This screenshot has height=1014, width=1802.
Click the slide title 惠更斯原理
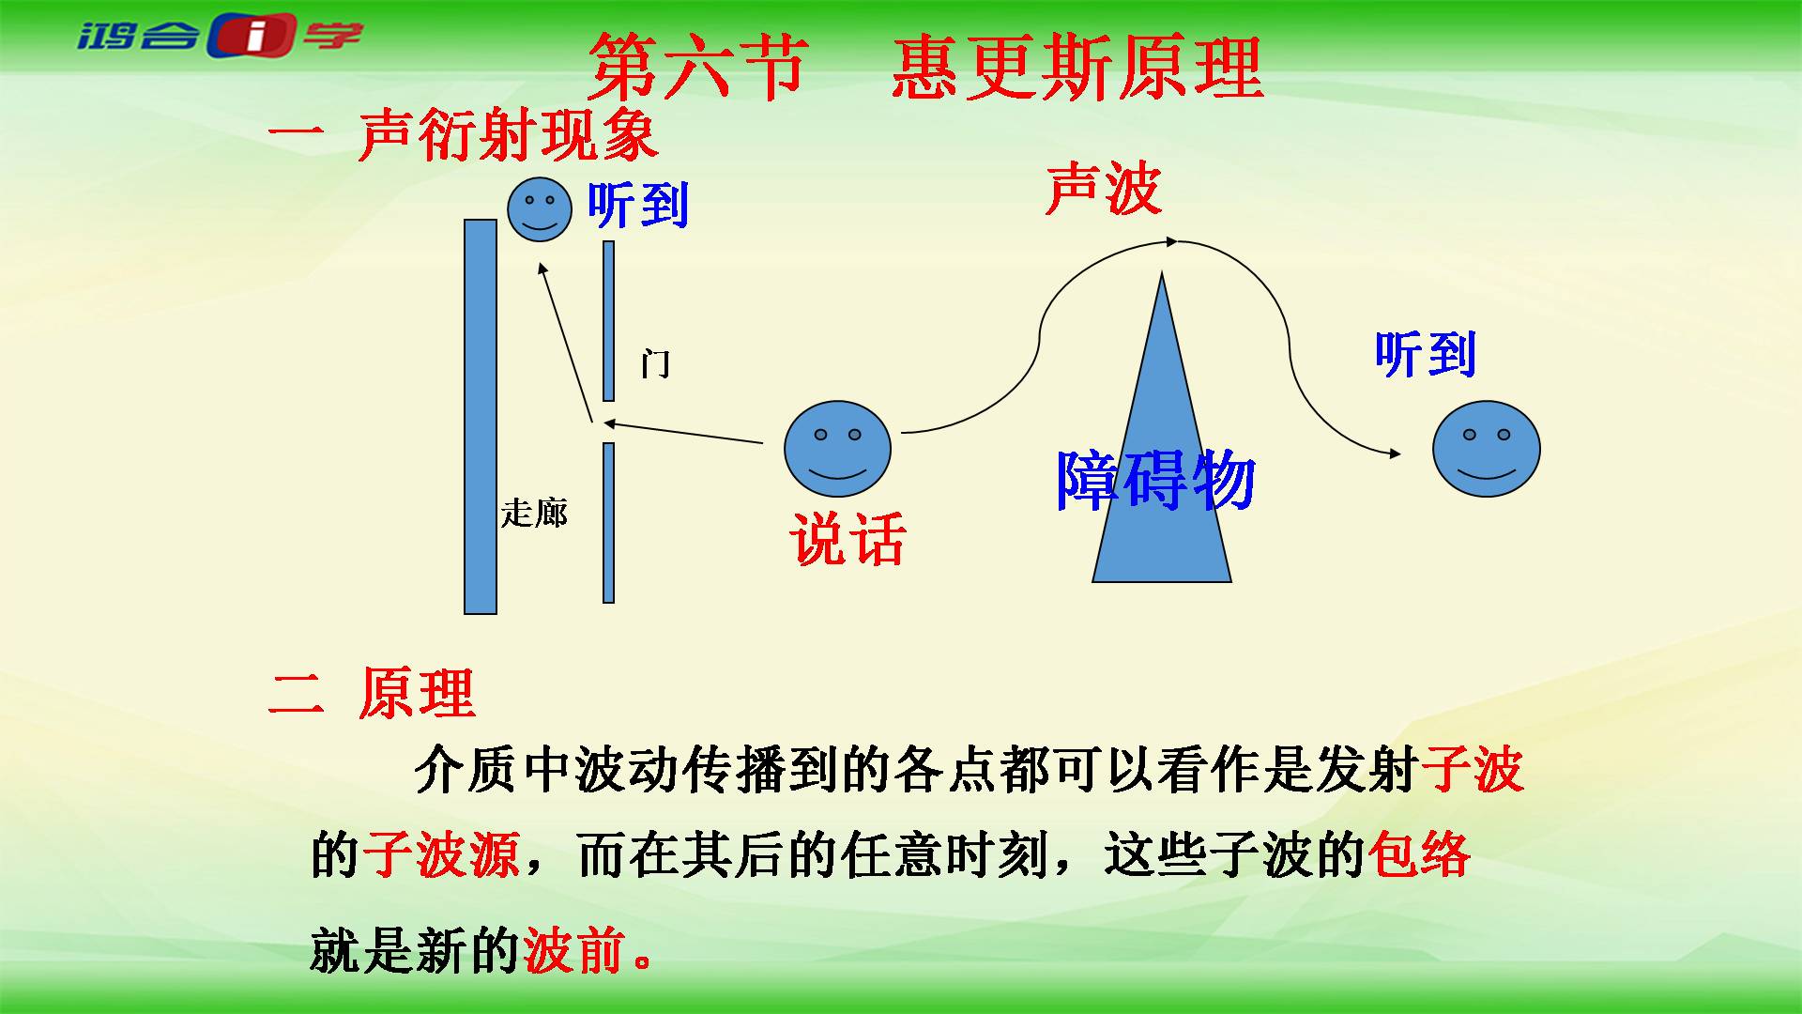(1077, 68)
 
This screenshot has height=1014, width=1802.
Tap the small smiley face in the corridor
(540, 209)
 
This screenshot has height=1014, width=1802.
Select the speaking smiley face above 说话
(837, 449)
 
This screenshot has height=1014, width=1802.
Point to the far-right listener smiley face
(1487, 449)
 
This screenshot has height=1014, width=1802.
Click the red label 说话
(848, 540)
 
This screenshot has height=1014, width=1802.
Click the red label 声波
(1104, 189)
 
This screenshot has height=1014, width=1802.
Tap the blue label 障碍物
(1156, 481)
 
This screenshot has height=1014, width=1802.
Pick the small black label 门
(656, 363)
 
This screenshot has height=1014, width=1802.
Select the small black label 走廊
(534, 513)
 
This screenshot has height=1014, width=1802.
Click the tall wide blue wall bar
(481, 417)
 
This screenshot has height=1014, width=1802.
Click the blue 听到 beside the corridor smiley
(638, 204)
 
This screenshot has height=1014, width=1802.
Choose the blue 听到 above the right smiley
(1426, 354)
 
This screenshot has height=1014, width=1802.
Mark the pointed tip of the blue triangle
(1162, 272)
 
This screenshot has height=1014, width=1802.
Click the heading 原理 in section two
(417, 694)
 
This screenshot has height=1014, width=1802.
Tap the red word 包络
(1419, 855)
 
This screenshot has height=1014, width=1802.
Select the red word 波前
(574, 950)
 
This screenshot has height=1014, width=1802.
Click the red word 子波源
(441, 855)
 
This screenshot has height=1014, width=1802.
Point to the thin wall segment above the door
(608, 321)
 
